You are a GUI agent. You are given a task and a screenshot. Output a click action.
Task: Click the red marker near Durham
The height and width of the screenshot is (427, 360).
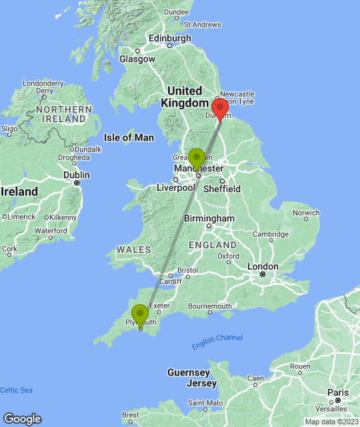pyautogui.click(x=219, y=108)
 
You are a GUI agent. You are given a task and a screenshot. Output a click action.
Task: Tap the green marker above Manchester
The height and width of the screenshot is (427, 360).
pyautogui.click(x=197, y=158)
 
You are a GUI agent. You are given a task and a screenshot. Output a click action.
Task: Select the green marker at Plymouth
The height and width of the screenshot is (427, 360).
pyautogui.click(x=140, y=314)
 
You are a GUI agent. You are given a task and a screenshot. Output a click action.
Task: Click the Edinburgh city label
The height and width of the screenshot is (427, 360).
pyautogui.click(x=170, y=39)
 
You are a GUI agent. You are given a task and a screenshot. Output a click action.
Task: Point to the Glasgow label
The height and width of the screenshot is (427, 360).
pyautogui.click(x=137, y=59)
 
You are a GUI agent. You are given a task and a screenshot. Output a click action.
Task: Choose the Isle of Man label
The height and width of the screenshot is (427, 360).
pyautogui.click(x=129, y=137)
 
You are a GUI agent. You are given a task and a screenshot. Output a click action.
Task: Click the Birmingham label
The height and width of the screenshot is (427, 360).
pyautogui.click(x=210, y=218)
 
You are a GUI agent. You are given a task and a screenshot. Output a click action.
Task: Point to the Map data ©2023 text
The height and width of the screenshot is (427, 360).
pyautogui.click(x=331, y=422)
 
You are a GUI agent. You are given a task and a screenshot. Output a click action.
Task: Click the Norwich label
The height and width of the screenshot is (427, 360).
pyautogui.click(x=306, y=213)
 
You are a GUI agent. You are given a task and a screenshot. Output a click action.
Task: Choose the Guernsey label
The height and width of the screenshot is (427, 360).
pyautogui.click(x=189, y=372)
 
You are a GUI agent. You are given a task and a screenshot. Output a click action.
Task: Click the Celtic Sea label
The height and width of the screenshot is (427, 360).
pyautogui.click(x=15, y=390)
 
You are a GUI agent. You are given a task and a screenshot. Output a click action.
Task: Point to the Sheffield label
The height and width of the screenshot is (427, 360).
pyautogui.click(x=222, y=189)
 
